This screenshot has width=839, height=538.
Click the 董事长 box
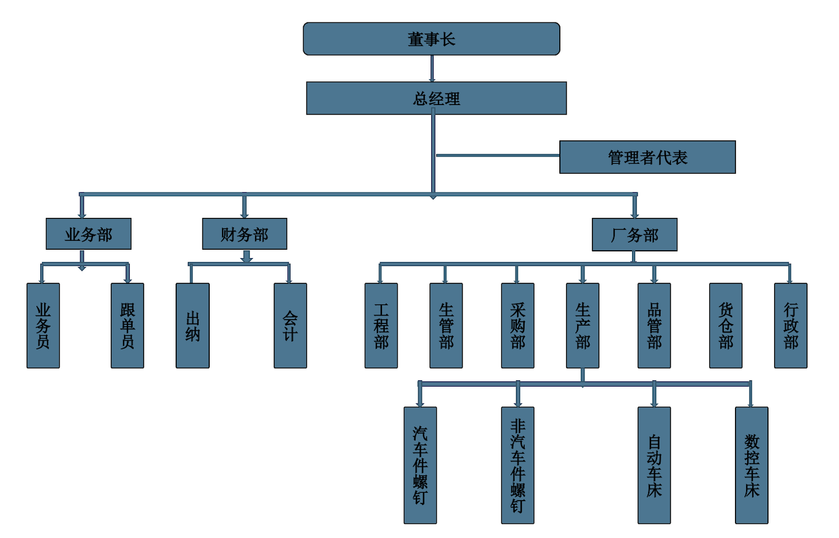point(431,39)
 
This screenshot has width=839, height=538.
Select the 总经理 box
point(436,98)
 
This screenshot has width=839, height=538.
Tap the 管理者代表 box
point(647,157)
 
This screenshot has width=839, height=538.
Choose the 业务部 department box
point(88,234)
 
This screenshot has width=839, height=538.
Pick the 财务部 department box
point(244,234)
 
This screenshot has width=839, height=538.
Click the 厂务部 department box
point(634,235)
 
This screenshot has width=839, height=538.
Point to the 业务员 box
point(43,326)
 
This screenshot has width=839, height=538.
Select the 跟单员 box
point(128,326)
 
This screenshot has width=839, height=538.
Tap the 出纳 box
point(192,326)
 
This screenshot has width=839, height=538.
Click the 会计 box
point(290,326)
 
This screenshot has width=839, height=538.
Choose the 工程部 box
point(381,326)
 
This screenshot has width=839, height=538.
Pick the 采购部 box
point(517,326)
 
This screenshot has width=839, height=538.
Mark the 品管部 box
point(654,326)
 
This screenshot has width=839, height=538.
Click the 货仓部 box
point(725,326)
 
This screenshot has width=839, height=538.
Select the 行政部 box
point(790,326)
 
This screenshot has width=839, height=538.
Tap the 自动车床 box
point(654,465)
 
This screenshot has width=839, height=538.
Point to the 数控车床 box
point(751,465)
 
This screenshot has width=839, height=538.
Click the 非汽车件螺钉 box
point(517,465)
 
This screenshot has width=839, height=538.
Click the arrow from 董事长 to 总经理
point(432,69)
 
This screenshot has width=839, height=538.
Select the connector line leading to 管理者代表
point(498,155)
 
